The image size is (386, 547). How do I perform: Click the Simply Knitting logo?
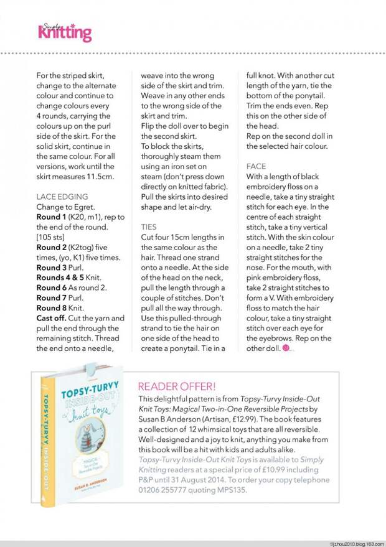click(x=65, y=31)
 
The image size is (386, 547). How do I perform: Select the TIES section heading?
click(x=149, y=227)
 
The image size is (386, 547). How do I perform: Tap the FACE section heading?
click(x=256, y=167)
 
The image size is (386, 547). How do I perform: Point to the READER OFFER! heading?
click(x=177, y=386)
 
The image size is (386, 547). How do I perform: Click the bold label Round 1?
click(x=54, y=217)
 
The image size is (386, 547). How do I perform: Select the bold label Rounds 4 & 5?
click(x=64, y=277)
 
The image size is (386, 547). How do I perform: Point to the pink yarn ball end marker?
click(x=286, y=348)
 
